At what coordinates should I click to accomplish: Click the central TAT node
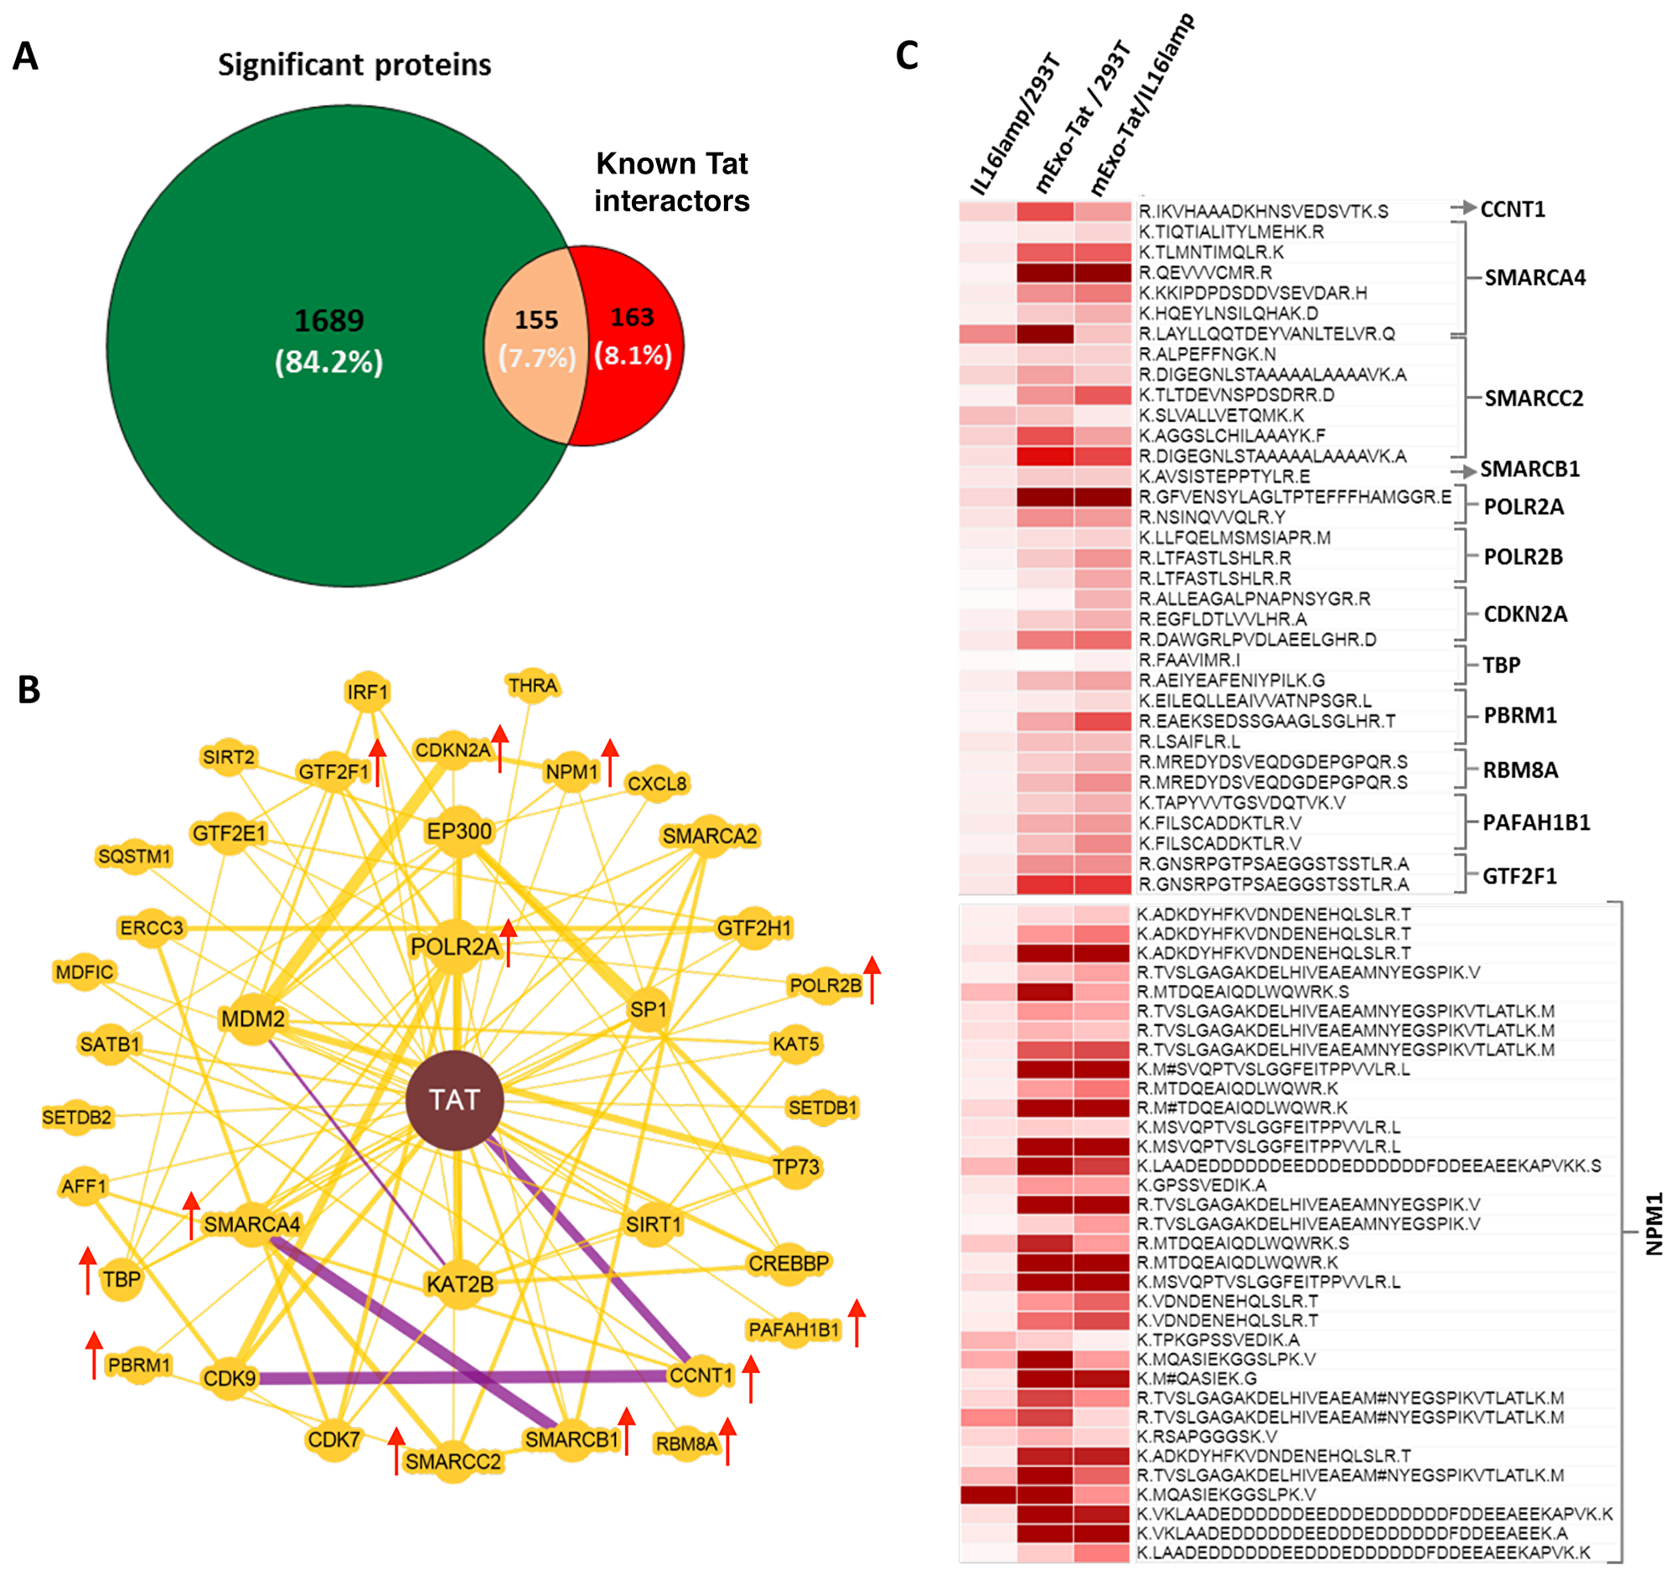pyautogui.click(x=454, y=1100)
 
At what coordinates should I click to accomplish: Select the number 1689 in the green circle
pyautogui.click(x=328, y=320)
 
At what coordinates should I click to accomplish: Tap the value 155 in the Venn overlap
pyautogui.click(x=536, y=319)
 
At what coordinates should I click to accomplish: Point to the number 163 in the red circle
pyautogui.click(x=632, y=317)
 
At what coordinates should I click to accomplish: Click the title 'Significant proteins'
pyautogui.click(x=354, y=65)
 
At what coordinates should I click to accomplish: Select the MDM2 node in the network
pyautogui.click(x=253, y=1019)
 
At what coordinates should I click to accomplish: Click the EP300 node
pyautogui.click(x=458, y=832)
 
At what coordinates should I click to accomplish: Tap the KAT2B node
pyautogui.click(x=459, y=1284)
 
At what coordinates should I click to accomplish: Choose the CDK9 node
pyautogui.click(x=230, y=1379)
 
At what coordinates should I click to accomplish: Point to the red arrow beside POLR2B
pyautogui.click(x=872, y=980)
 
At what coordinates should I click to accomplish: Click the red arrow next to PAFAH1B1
pyautogui.click(x=856, y=1323)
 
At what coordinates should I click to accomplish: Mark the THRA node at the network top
pyautogui.click(x=532, y=686)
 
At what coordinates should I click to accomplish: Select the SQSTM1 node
pyautogui.click(x=135, y=857)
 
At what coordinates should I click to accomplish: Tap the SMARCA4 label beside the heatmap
pyautogui.click(x=1534, y=277)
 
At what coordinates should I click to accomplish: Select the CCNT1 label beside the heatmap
pyautogui.click(x=1513, y=209)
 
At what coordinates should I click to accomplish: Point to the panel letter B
pyautogui.click(x=28, y=690)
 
